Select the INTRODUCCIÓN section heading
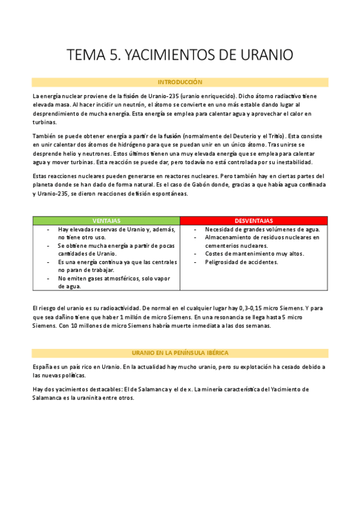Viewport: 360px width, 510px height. [x=180, y=82]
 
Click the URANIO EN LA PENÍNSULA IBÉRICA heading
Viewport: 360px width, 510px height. [x=180, y=352]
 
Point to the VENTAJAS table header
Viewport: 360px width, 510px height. [x=106, y=221]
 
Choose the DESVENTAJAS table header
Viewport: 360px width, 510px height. [x=254, y=221]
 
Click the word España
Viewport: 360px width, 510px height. [x=43, y=366]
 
